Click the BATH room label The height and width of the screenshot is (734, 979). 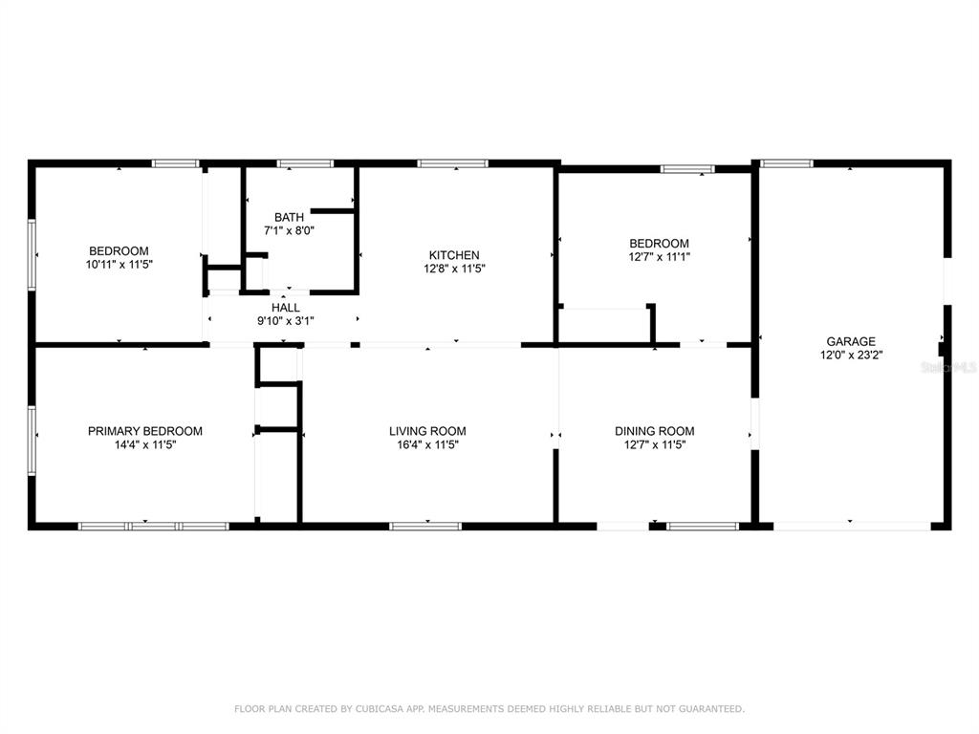point(289,217)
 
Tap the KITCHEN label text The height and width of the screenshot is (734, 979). point(454,255)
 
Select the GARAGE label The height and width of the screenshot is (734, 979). point(851,341)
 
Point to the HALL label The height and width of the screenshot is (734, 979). point(285,308)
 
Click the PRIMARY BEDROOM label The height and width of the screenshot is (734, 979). point(145,431)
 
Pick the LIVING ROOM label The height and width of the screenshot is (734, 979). point(427,431)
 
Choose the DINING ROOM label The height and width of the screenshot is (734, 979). point(654,431)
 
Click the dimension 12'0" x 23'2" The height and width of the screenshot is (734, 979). point(851,356)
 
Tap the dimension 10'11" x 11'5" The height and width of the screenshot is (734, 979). point(120,265)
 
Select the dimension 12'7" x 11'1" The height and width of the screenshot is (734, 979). point(660,257)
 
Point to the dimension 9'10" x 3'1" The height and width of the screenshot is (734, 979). point(285,321)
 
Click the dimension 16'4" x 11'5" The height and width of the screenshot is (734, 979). point(427,445)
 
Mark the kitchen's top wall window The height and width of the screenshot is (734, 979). point(452,163)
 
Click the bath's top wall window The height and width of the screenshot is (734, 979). point(305,163)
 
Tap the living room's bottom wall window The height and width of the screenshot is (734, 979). point(425,527)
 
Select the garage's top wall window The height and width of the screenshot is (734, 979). point(787,163)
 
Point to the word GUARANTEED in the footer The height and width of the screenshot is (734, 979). point(711,709)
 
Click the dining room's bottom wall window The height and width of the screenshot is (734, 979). point(703,527)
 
